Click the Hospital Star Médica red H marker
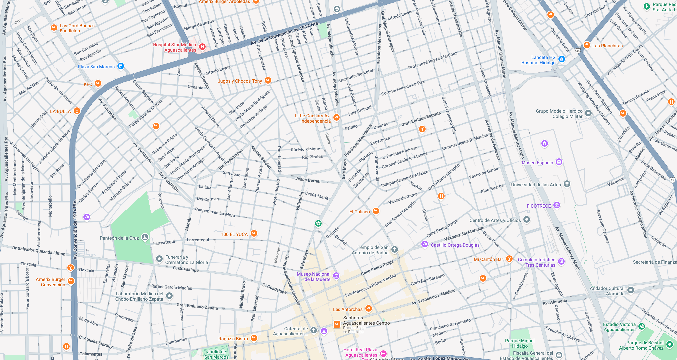click(202, 47)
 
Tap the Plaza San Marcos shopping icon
click(121, 66)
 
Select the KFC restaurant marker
click(98, 84)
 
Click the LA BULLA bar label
click(60, 111)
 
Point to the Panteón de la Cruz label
click(119, 238)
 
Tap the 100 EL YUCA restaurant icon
click(254, 234)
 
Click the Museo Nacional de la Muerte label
click(314, 277)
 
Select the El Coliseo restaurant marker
click(376, 211)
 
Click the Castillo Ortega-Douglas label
click(455, 245)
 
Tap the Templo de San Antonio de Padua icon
click(394, 249)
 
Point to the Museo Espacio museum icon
click(559, 162)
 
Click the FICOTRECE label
click(538, 206)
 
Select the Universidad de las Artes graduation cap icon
click(567, 184)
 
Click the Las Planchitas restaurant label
click(607, 46)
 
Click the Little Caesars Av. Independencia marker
click(337, 117)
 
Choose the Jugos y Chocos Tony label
click(240, 81)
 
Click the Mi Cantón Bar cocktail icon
click(509, 259)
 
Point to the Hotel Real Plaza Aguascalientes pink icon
click(383, 353)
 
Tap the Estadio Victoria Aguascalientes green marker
click(642, 326)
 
